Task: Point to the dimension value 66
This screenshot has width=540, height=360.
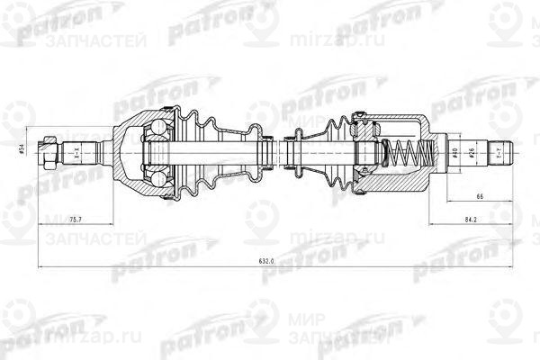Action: tap(481, 193)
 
